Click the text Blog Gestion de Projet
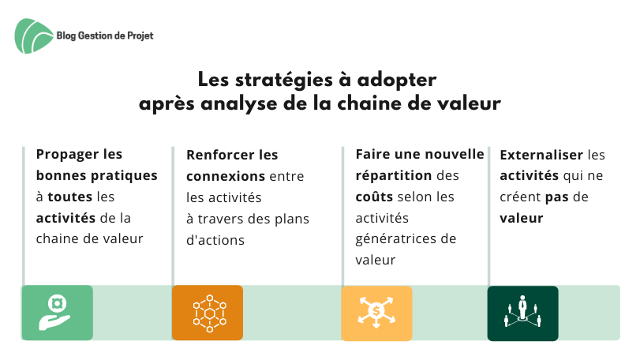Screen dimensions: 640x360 pos(105,36)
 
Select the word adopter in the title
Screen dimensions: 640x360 pos(397,81)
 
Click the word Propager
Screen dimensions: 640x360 pos(67,155)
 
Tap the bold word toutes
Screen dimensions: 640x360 pos(69,197)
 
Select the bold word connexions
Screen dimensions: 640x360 pos(226,176)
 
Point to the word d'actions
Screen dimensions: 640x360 pos(215,240)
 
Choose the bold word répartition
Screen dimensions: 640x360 pos(394,176)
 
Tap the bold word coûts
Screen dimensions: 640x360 pos(374,197)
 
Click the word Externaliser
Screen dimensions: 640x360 pos(541,155)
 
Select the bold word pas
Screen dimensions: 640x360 pos(556,197)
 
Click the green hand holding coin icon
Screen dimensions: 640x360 pos(57,313)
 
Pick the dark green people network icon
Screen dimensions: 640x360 pos(523,313)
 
